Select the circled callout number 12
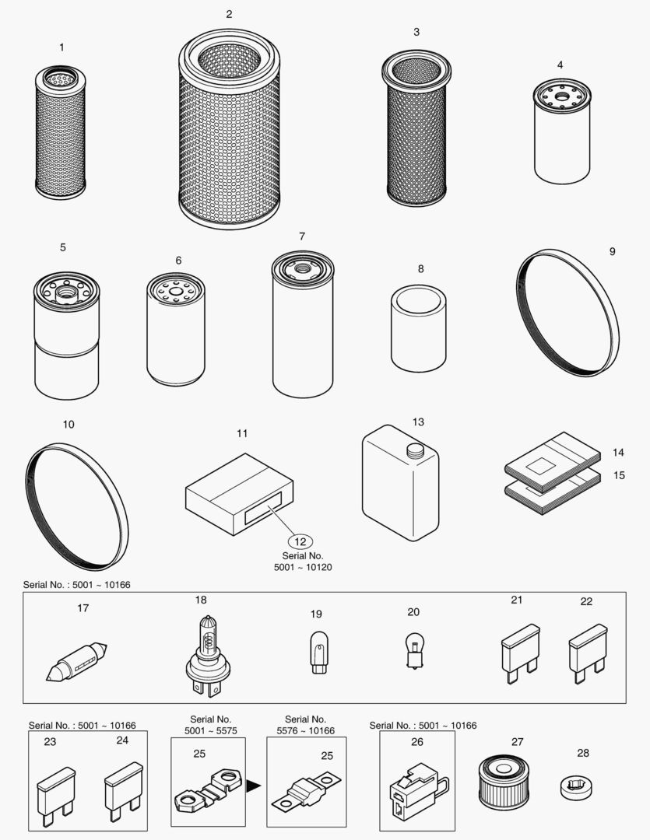(x=301, y=541)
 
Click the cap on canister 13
(x=414, y=449)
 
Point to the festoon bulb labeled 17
(x=76, y=660)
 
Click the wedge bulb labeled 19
(x=316, y=652)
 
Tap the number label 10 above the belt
(x=69, y=425)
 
